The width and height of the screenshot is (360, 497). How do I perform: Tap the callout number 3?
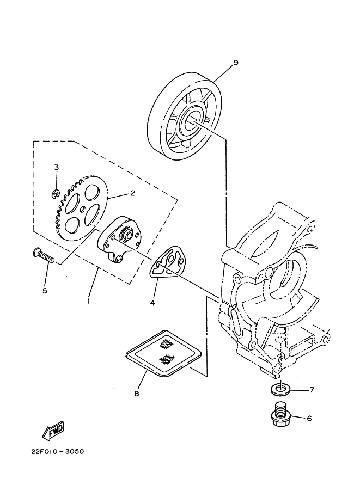[56, 167]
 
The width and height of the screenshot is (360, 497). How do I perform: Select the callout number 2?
[132, 193]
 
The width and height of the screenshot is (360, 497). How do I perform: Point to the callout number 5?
[45, 290]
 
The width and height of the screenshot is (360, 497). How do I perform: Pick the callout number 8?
[137, 392]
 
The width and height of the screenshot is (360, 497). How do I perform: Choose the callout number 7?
[312, 390]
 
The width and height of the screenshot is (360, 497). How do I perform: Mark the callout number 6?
[309, 419]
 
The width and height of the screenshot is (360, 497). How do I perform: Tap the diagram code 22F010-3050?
[53, 452]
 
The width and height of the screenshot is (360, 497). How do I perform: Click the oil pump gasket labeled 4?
[168, 260]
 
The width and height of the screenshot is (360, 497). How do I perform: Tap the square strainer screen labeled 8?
[163, 353]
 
